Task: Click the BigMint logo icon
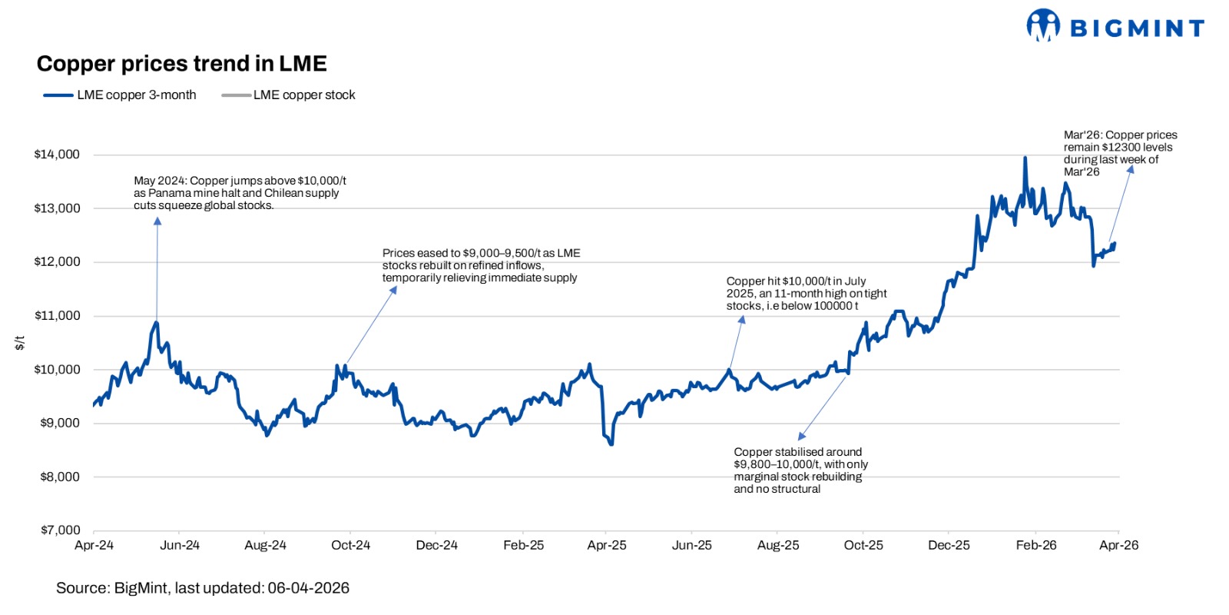[x=1042, y=25]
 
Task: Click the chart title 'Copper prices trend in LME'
[x=181, y=64]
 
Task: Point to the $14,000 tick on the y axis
[x=57, y=155]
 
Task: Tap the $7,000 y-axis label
[x=60, y=530]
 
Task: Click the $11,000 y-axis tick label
[x=57, y=315]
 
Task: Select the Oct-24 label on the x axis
[x=350, y=545]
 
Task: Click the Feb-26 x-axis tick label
[x=1035, y=545]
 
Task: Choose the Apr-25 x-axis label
[x=606, y=545]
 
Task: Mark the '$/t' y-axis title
[x=20, y=343]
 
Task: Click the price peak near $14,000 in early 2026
[x=1025, y=158]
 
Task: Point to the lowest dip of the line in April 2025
[x=611, y=444]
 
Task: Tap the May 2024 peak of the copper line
[x=157, y=322]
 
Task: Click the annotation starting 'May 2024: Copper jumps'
[x=240, y=193]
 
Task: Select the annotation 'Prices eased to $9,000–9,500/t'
[x=481, y=265]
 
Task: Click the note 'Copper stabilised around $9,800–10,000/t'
[x=800, y=470]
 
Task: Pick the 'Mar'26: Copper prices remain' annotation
[x=1120, y=153]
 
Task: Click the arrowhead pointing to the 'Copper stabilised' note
[x=802, y=436]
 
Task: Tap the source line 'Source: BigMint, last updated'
[x=203, y=588]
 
